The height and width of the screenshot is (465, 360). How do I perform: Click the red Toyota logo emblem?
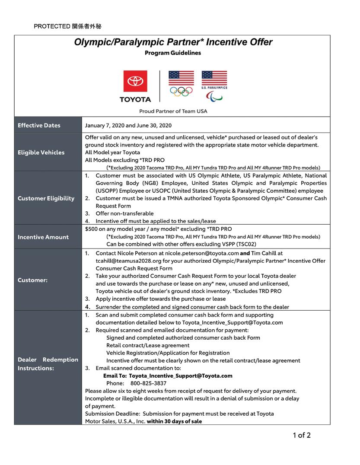[135, 81]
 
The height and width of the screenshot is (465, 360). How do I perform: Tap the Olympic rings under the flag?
[181, 91]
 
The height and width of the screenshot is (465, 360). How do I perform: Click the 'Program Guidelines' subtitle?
[173, 53]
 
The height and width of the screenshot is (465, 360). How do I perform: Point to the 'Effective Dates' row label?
[39, 125]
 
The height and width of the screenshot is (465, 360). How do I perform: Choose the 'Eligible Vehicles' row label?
[41, 152]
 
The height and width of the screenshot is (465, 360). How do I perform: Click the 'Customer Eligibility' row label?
[46, 198]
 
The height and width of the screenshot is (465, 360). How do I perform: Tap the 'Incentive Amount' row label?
[43, 237]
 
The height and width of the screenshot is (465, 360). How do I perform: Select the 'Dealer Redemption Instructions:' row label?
[48, 364]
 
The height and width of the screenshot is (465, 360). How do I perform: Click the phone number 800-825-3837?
[148, 383]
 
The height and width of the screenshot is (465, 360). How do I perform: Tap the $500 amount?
[92, 229]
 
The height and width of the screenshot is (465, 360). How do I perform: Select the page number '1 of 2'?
[302, 435]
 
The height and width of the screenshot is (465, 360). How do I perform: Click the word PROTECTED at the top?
[52, 27]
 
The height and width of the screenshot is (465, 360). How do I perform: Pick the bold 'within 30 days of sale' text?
[174, 421]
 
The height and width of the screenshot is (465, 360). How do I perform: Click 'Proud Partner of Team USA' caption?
[173, 111]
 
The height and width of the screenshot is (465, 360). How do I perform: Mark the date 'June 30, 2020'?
[154, 125]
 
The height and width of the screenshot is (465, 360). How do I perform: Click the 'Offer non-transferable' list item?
[124, 213]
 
